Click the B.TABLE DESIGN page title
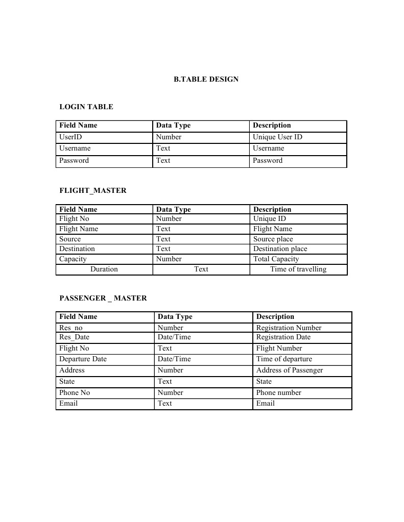click(x=206, y=79)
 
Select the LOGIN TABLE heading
click(x=86, y=107)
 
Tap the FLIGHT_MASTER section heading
click(x=93, y=190)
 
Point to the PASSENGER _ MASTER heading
click(x=103, y=298)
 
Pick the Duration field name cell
click(x=104, y=269)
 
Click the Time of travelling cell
click(x=298, y=269)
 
